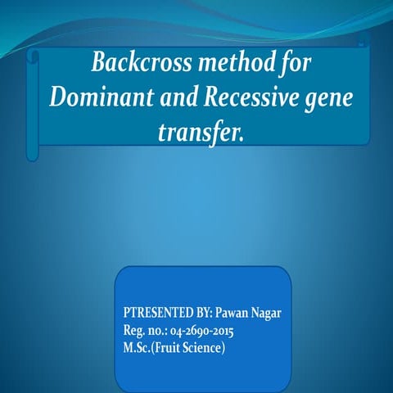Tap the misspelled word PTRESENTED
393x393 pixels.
coord(156,314)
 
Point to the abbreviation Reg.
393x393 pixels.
coord(133,331)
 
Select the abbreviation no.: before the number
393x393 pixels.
coord(159,331)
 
